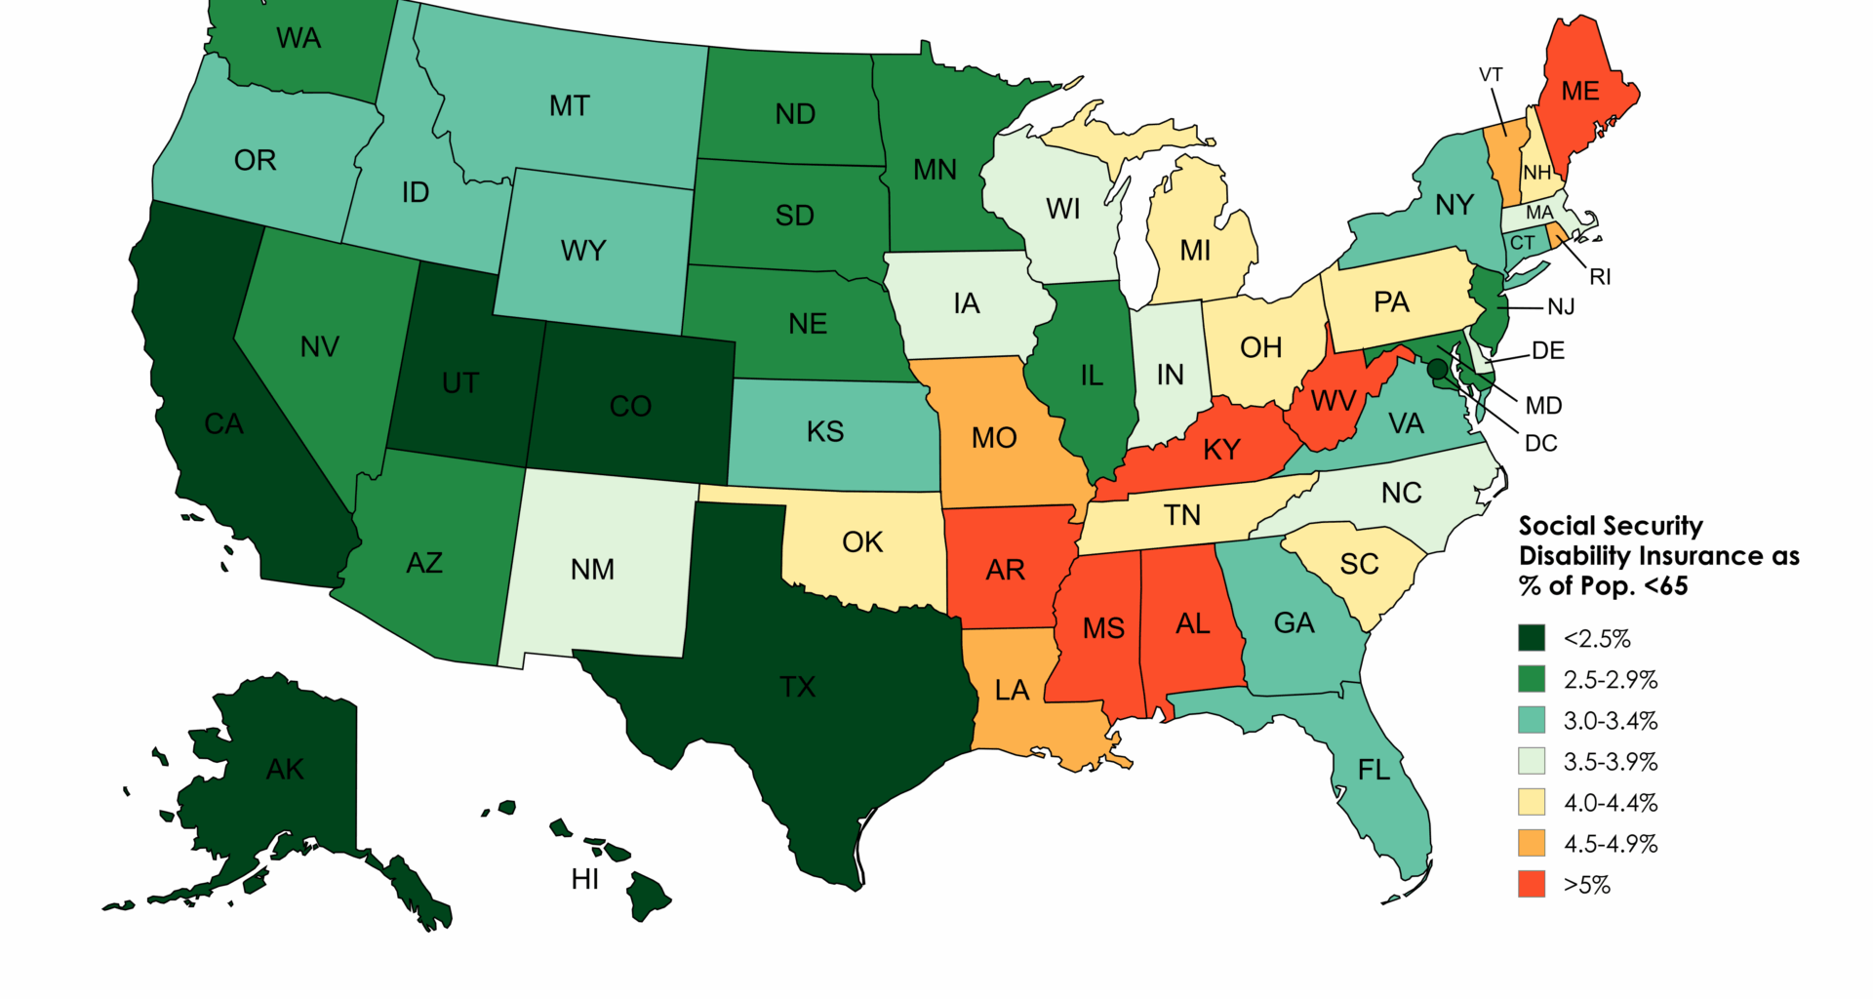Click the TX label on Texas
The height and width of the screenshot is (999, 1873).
tap(797, 687)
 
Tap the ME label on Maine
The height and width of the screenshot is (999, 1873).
tap(1579, 92)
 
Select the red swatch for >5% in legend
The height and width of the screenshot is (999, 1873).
tap(1532, 884)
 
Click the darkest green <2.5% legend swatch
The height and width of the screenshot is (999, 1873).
tap(1532, 638)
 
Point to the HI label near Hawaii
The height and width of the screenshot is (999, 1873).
tap(584, 879)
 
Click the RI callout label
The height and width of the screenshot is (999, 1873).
tap(1600, 277)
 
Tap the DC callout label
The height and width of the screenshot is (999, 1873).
tap(1540, 444)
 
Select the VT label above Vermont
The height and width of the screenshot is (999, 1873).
tap(1491, 75)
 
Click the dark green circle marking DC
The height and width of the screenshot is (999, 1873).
tap(1437, 369)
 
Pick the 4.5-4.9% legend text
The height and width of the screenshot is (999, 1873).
tap(1611, 844)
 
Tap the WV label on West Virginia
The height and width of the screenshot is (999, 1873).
tap(1333, 401)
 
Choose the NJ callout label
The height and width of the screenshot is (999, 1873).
tap(1561, 307)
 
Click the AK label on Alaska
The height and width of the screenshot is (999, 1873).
tap(285, 770)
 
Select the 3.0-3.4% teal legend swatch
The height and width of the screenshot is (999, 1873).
tap(1532, 720)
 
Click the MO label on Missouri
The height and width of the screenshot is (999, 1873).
tap(994, 438)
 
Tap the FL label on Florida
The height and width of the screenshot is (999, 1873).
tap(1374, 771)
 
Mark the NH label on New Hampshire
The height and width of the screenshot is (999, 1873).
tap(1537, 173)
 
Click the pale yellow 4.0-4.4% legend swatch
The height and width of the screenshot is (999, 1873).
tap(1532, 802)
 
